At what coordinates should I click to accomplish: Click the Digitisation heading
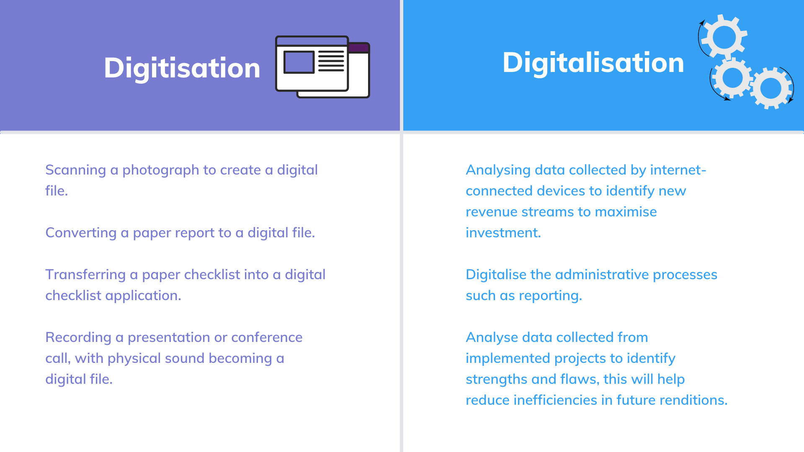[182, 68]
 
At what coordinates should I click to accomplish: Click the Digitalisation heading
[593, 63]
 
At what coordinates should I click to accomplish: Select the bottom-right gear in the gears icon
[771, 88]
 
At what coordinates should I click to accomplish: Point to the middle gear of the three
[732, 78]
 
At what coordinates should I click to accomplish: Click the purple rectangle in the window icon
[299, 62]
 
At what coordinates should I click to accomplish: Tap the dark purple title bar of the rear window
[359, 48]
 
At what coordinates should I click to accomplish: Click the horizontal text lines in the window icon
[331, 61]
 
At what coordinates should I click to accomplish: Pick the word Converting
[81, 233]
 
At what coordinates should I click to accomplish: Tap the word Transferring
[85, 275]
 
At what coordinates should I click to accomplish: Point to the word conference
[267, 337]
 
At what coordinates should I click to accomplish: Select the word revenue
[492, 212]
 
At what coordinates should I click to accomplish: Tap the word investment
[503, 233]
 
